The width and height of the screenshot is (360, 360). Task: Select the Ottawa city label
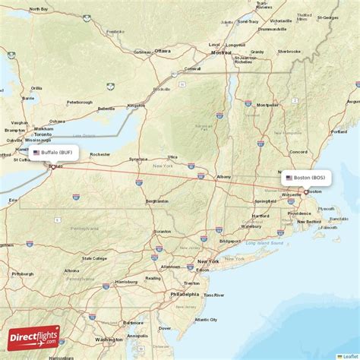click(163, 51)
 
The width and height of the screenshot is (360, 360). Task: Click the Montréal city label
click(221, 53)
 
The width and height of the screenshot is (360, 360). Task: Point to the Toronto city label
click(52, 134)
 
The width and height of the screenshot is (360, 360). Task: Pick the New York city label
click(208, 261)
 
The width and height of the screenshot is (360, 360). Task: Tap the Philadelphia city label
click(185, 294)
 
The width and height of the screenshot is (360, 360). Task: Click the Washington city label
click(109, 339)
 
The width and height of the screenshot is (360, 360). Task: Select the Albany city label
click(224, 177)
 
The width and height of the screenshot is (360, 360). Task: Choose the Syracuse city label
click(138, 159)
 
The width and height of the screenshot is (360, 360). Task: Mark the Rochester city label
click(99, 154)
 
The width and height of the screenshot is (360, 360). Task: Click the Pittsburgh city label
click(23, 273)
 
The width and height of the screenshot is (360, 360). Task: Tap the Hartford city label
click(261, 216)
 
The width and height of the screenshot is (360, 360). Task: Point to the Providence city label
click(299, 213)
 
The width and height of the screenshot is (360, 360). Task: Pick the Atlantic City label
click(207, 319)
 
